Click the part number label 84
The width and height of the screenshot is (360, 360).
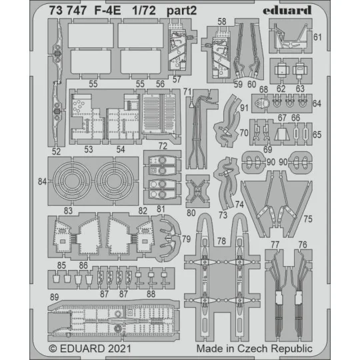(43, 181)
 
